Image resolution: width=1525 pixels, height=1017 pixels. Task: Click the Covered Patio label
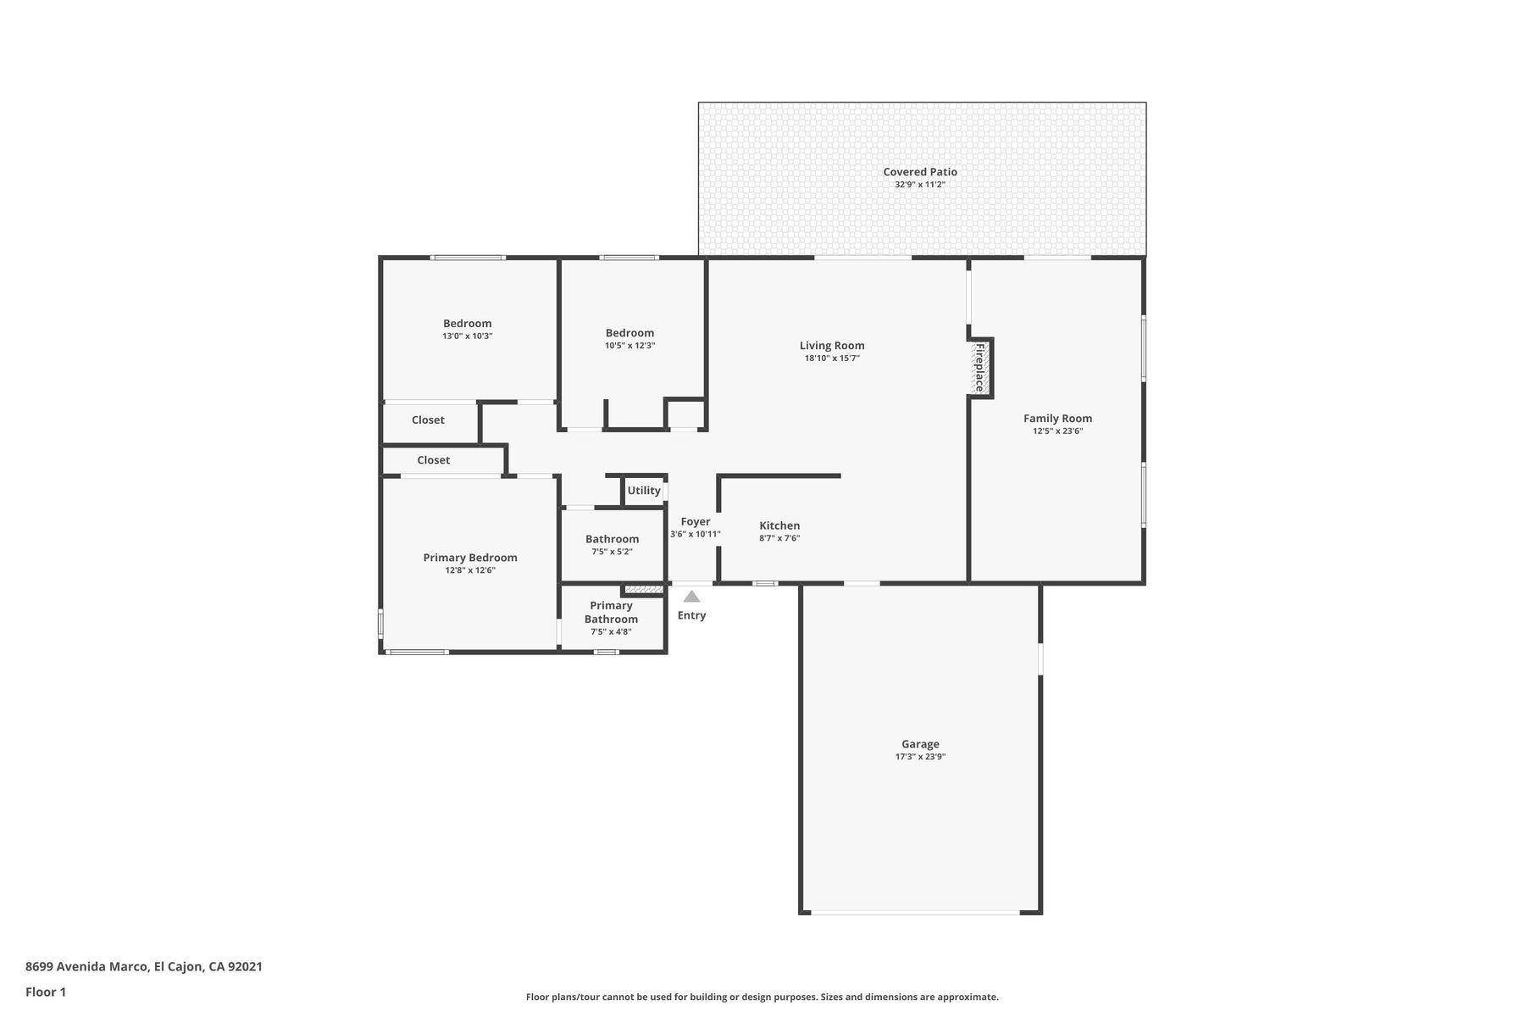[920, 172]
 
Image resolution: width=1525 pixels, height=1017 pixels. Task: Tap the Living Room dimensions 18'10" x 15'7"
[832, 358]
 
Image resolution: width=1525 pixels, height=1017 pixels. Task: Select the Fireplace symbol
[980, 368]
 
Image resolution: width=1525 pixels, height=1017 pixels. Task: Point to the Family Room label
[1057, 418]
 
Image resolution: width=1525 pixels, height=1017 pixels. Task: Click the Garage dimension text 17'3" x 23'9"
[920, 757]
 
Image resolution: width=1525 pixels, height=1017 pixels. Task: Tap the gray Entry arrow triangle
[691, 596]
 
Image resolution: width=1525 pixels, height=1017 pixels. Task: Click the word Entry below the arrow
[691, 615]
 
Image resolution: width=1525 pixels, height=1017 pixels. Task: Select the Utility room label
[644, 491]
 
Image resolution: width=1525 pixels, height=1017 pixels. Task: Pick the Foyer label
[696, 522]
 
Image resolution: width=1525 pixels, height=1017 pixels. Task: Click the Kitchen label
[779, 525]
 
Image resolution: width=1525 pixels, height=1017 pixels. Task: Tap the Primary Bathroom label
[611, 612]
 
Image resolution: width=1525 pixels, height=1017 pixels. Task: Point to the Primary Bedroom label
[470, 558]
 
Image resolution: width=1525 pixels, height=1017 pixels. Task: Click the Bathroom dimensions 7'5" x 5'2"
[612, 552]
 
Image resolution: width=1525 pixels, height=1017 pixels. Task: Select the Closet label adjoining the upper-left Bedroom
[428, 420]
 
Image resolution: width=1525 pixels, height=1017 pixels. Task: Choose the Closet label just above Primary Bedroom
[433, 460]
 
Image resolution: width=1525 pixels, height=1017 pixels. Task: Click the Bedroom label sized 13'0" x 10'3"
[467, 323]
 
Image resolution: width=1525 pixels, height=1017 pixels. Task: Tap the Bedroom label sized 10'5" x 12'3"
[629, 333]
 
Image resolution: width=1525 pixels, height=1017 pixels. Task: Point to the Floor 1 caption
[46, 992]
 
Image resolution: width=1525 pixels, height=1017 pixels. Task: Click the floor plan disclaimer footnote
[762, 998]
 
